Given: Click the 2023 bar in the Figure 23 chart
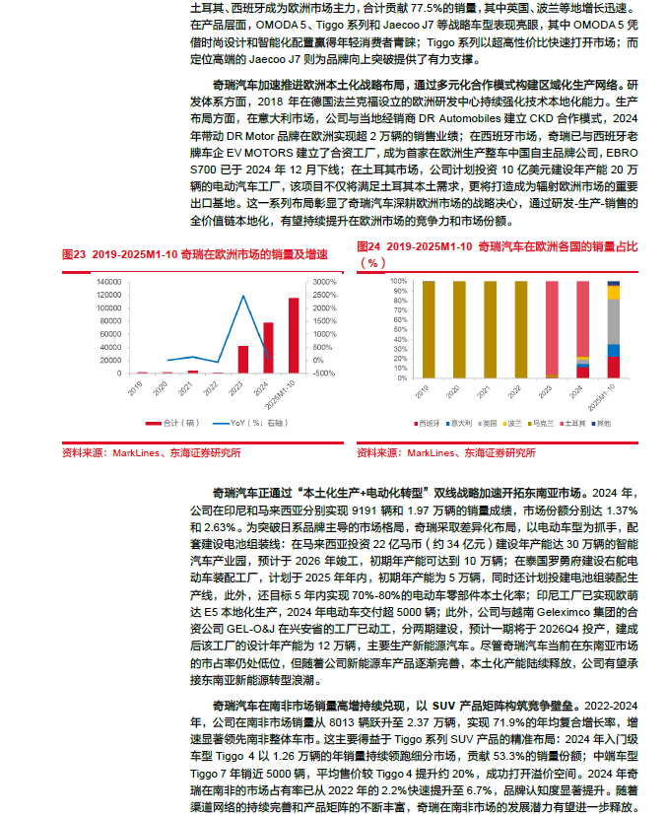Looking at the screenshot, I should tap(243, 360).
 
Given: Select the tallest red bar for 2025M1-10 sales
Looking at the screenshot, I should tap(294, 335).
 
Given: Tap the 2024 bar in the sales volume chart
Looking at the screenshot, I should tap(268, 348).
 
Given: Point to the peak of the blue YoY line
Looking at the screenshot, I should tap(243, 296).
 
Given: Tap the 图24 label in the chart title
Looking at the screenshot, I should tap(368, 246).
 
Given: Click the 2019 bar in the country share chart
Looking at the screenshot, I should tap(424, 328).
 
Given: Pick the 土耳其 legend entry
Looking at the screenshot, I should tap(573, 423).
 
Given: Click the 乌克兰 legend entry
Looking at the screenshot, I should tap(542, 423).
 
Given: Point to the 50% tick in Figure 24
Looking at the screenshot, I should tap(399, 328).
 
